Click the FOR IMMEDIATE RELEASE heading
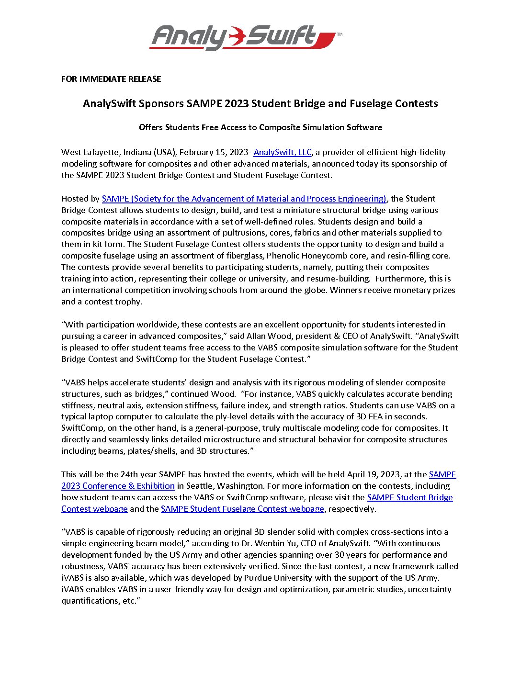(x=111, y=79)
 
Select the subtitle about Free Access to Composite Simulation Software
(x=260, y=127)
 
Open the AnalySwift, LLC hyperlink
(x=283, y=152)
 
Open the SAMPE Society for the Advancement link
(x=244, y=199)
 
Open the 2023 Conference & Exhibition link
(x=118, y=486)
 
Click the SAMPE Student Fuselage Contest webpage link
(x=242, y=509)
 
